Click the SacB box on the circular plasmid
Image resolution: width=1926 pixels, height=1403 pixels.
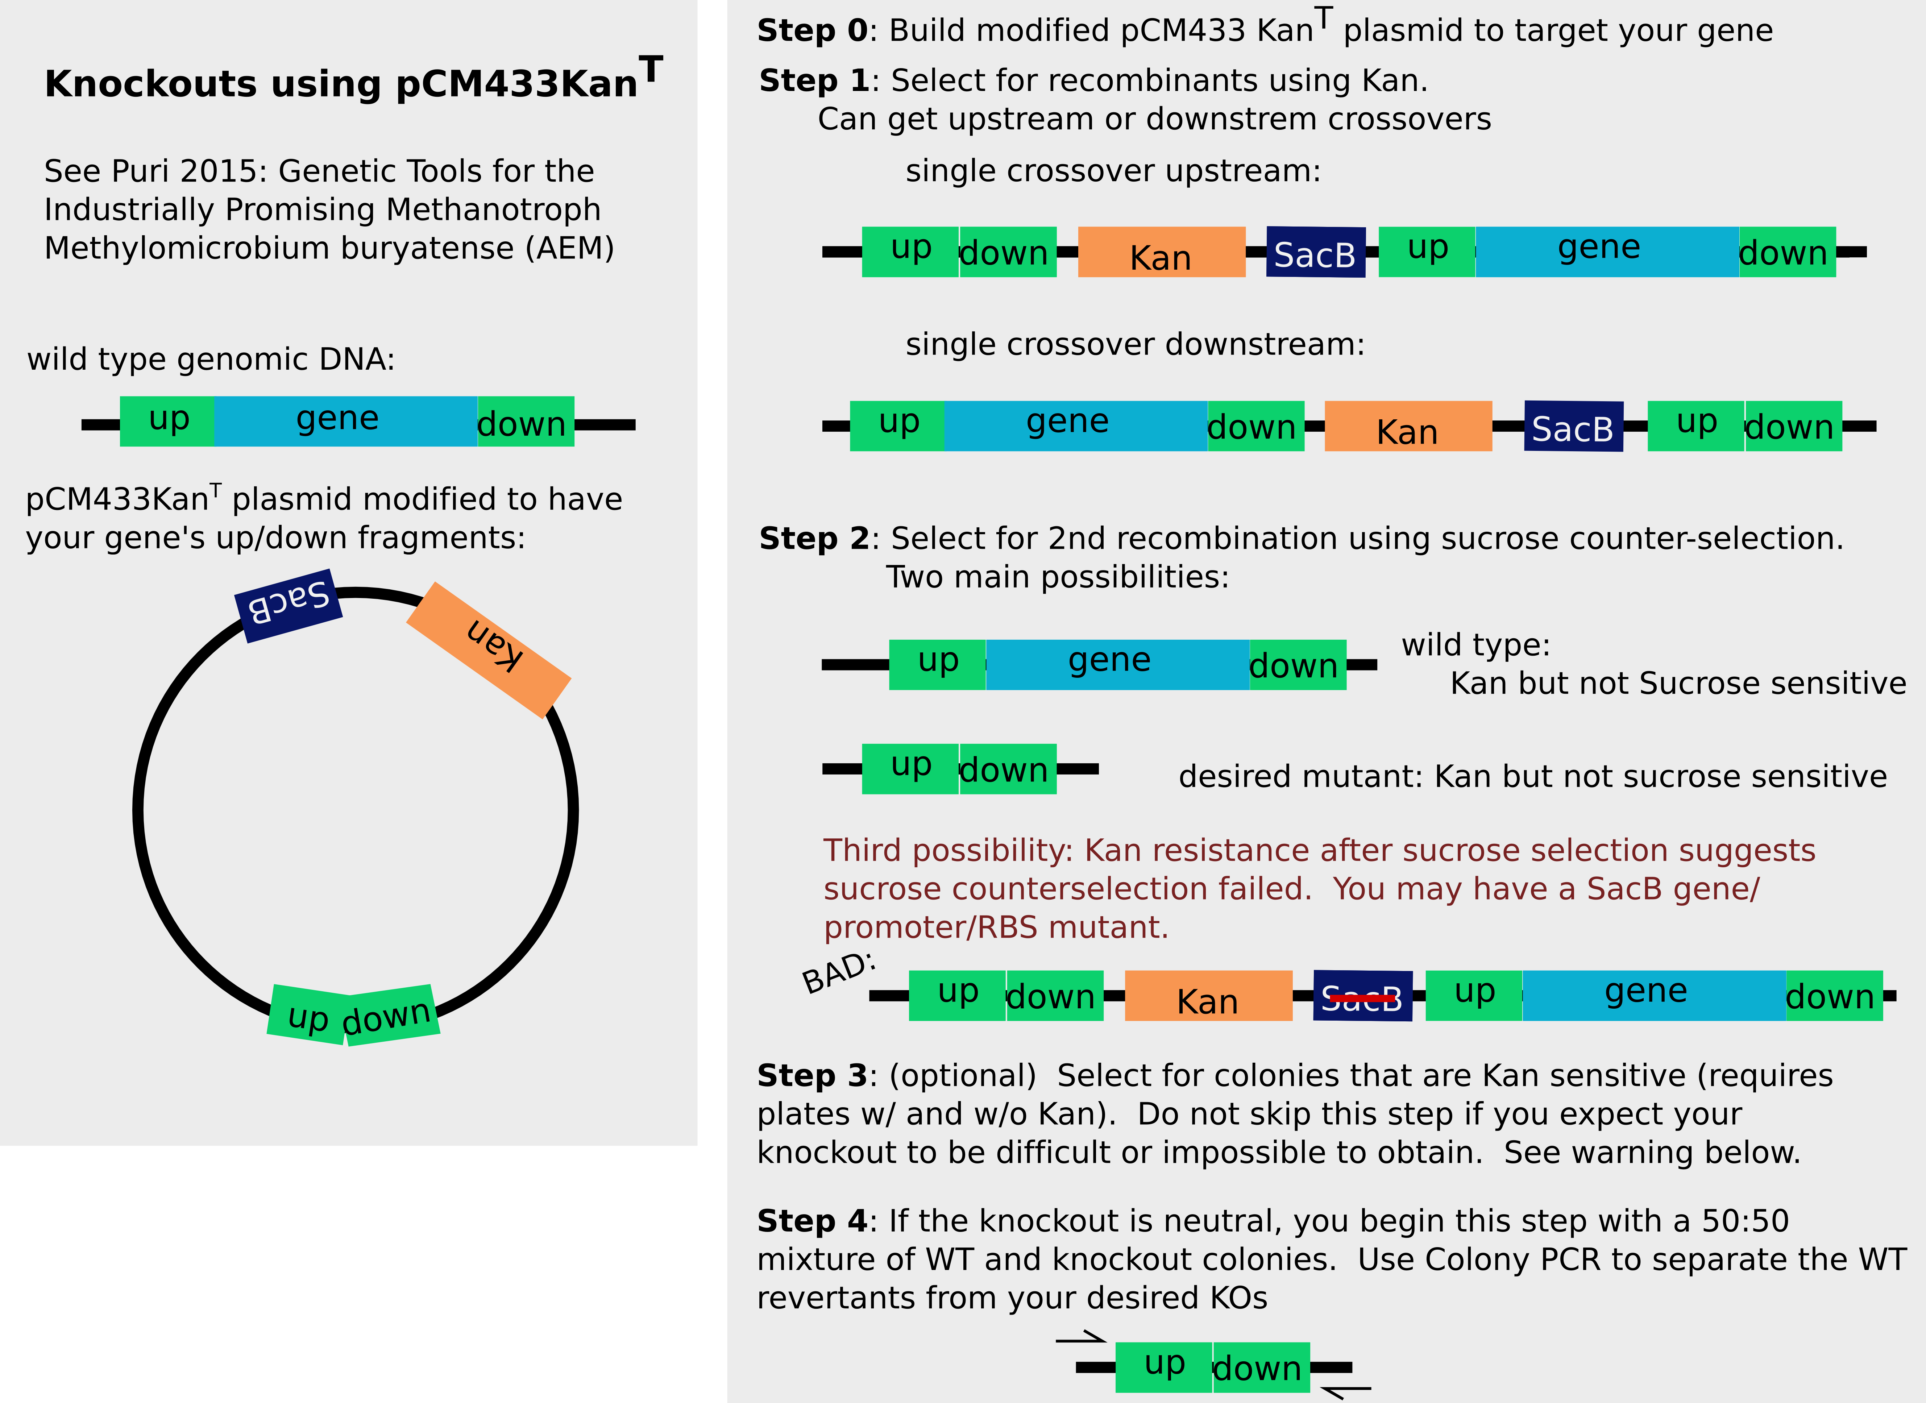tap(288, 606)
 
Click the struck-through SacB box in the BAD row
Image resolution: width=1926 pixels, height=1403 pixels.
tap(1362, 996)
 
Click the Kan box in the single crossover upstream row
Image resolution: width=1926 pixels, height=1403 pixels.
tap(1161, 252)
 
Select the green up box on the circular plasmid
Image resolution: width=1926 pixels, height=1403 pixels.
tap(307, 1015)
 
